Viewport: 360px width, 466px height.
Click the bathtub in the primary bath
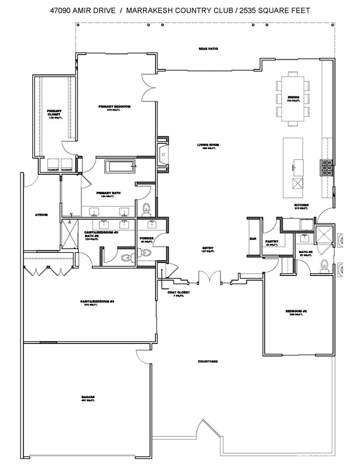(120, 166)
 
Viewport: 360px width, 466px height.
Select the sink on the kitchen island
(298, 165)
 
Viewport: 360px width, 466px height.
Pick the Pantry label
(271, 242)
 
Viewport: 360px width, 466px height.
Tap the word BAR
(253, 239)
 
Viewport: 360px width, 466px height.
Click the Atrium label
(42, 215)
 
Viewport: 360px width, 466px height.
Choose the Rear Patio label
(208, 49)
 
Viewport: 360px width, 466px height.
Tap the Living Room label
(208, 145)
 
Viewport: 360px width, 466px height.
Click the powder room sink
(152, 225)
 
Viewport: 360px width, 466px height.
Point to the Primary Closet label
(54, 113)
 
